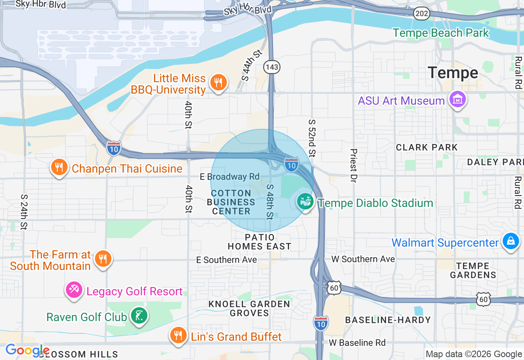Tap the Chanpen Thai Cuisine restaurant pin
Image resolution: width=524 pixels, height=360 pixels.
(x=59, y=168)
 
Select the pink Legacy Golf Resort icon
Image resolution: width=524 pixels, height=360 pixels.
(x=74, y=290)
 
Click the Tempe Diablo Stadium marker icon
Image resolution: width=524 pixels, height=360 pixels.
(x=305, y=202)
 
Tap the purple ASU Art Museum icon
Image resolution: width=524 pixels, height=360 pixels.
(x=458, y=99)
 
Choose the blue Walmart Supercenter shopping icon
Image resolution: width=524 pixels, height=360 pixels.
(x=510, y=241)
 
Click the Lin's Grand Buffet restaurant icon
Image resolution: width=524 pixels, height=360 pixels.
(x=178, y=335)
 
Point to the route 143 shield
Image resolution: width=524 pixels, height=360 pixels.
(x=272, y=67)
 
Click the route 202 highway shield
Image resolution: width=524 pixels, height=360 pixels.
(x=421, y=13)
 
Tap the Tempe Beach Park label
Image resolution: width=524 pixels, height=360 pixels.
(x=441, y=33)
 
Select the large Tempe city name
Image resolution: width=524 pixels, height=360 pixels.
(x=453, y=73)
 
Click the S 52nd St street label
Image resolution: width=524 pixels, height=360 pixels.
(x=312, y=138)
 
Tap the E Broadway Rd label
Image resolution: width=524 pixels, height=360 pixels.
(x=229, y=177)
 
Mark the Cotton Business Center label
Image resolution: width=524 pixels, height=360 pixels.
(x=231, y=202)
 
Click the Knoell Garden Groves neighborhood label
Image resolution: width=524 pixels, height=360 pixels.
(x=249, y=308)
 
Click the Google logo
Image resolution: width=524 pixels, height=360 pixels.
(x=27, y=350)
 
